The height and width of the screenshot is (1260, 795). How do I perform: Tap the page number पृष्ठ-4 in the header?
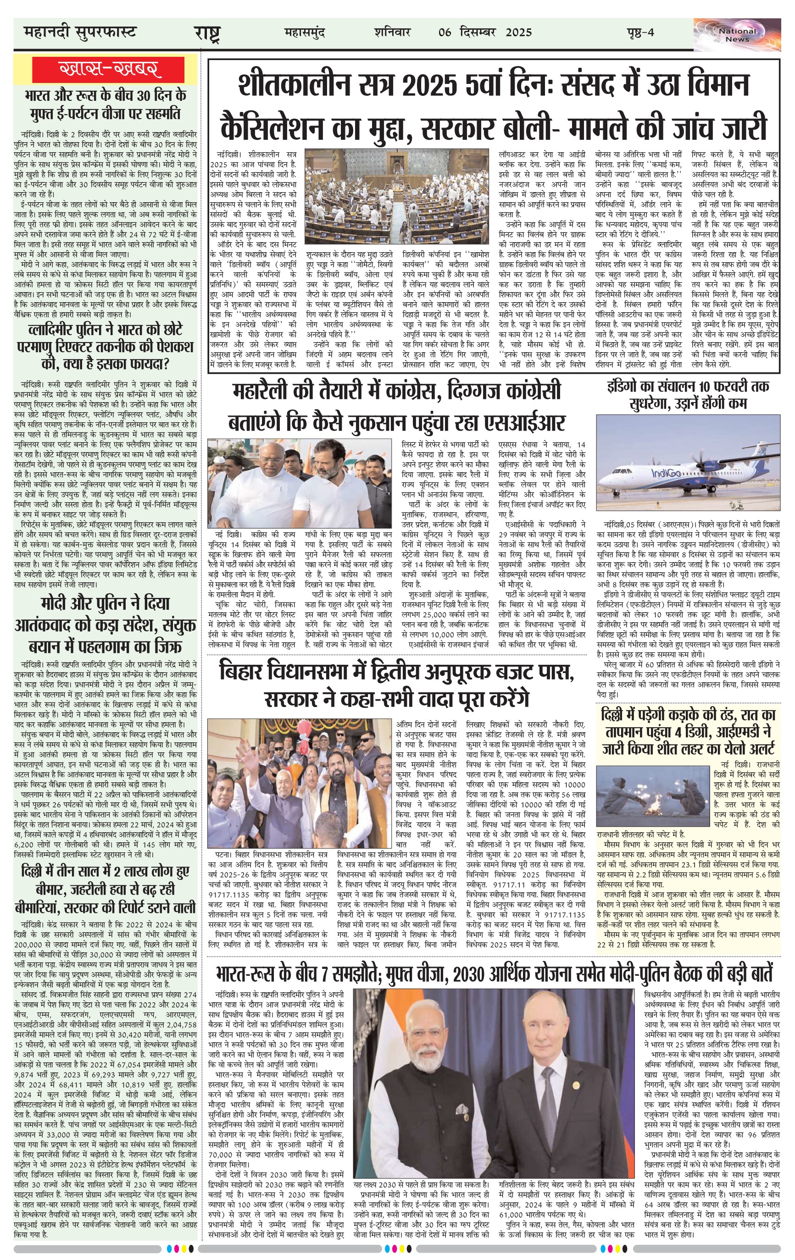point(640,33)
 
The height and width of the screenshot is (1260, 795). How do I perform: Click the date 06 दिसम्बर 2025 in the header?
point(485,33)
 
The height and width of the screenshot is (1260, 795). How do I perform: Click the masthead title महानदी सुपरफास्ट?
point(79,33)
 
